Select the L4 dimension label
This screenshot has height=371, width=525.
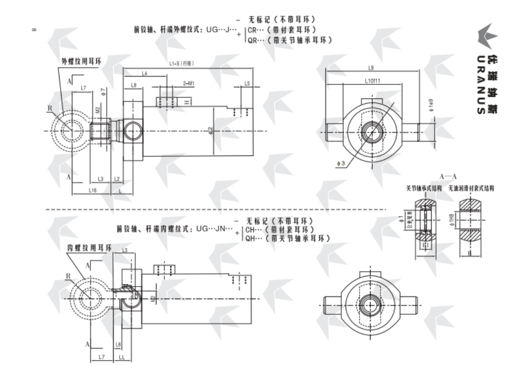[x=144, y=74]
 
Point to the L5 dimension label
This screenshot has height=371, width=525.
[x=247, y=84]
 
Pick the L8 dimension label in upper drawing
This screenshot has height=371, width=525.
[x=134, y=85]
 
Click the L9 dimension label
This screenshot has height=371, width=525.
[x=371, y=67]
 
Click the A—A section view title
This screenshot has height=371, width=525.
[x=448, y=176]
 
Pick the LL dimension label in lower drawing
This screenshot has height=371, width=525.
[x=121, y=357]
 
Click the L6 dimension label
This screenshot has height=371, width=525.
[x=118, y=344]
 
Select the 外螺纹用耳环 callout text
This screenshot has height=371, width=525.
[x=81, y=61]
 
